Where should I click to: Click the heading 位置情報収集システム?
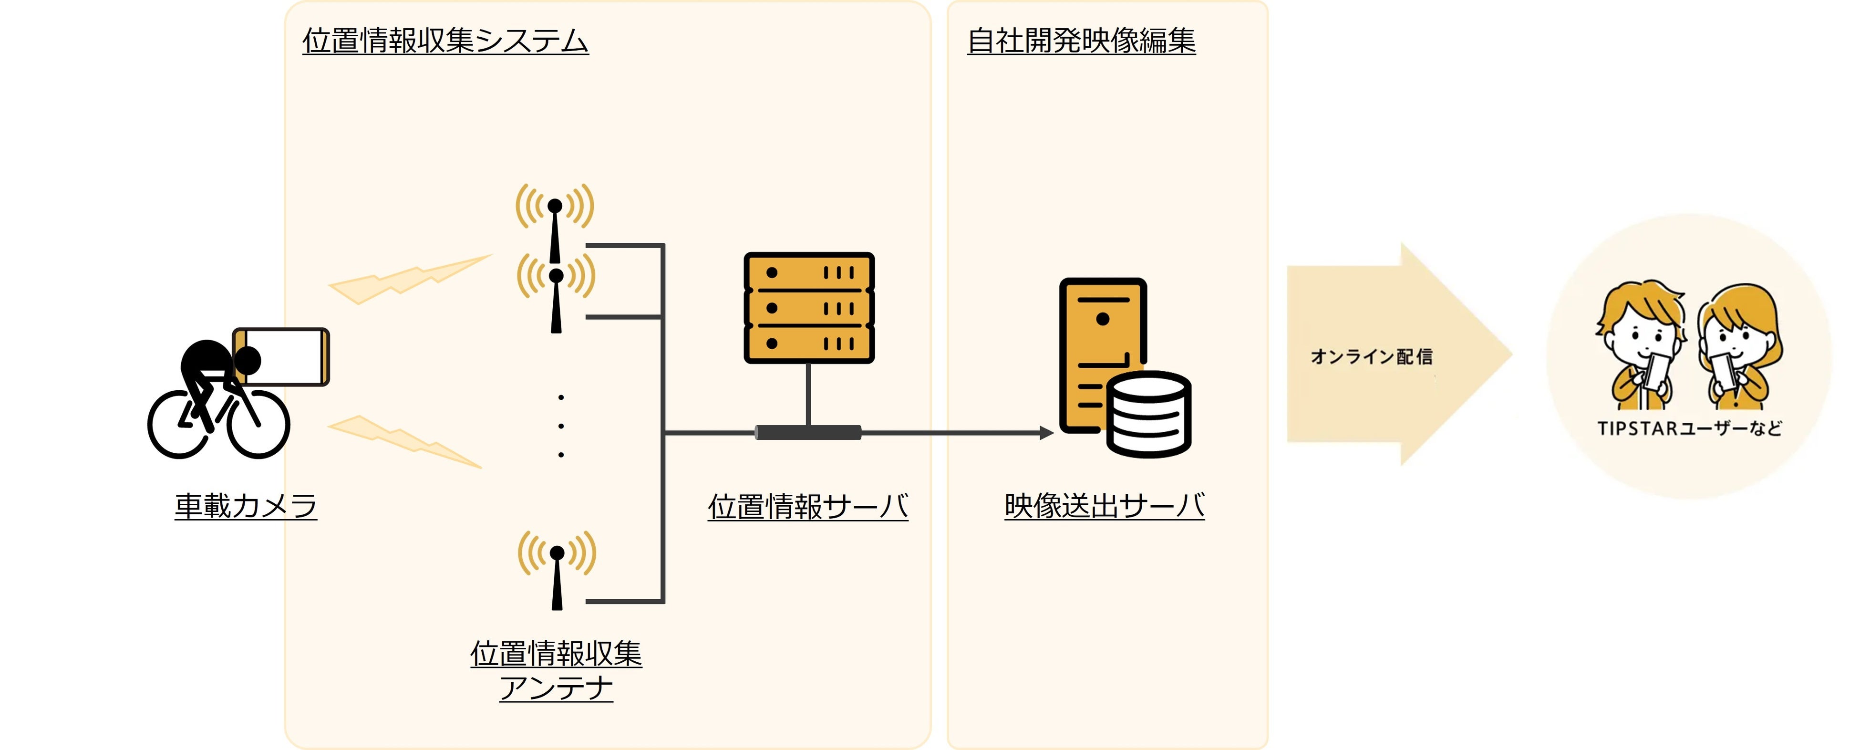(x=445, y=41)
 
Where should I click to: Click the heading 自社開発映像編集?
(x=1081, y=41)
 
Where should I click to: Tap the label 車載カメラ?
(x=246, y=506)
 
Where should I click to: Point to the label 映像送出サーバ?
(x=1104, y=506)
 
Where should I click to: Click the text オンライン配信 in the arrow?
(x=1371, y=356)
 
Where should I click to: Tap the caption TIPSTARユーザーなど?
(x=1689, y=428)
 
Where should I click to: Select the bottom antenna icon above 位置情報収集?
(x=557, y=571)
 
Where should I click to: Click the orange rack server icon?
(x=809, y=308)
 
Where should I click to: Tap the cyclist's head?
(x=248, y=359)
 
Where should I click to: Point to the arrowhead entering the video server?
(x=1046, y=433)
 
